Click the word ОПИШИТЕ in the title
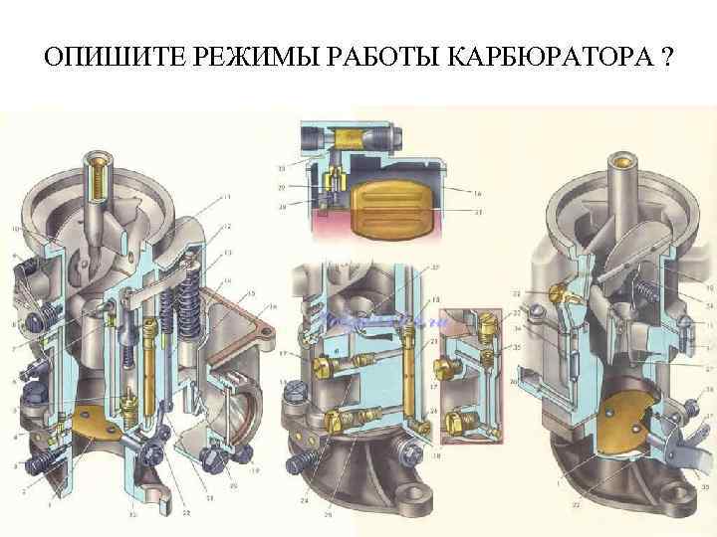[x=105, y=56]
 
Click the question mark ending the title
[x=664, y=56]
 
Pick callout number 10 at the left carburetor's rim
[x=14, y=230]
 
